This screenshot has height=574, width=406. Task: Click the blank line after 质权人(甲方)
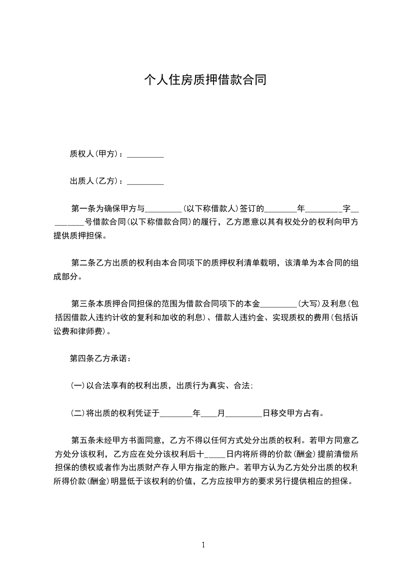[145, 154]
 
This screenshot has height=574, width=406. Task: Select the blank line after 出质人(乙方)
[145, 181]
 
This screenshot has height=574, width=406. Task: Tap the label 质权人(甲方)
[96, 154]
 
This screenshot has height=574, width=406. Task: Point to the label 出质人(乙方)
[96, 181]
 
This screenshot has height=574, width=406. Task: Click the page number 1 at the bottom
[203, 545]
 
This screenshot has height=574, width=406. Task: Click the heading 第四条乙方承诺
[100, 359]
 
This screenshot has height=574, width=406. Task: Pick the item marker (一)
[77, 386]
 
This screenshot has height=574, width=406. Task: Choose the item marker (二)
[77, 413]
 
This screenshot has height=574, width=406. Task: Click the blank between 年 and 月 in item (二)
[208, 413]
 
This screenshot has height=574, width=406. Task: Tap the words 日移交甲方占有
[292, 413]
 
